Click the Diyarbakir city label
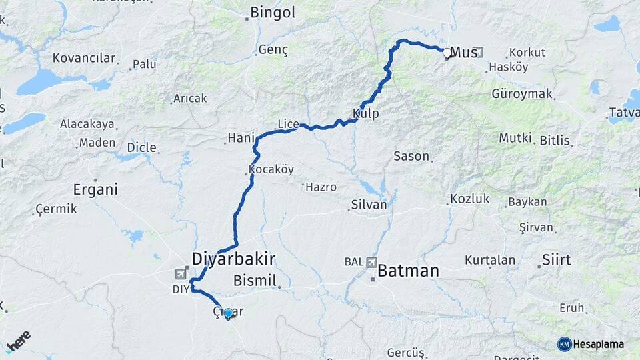point(233,259)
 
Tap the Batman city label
point(408,271)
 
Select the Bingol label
point(272,12)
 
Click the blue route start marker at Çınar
point(228,313)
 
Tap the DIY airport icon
point(181,273)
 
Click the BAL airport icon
point(371,262)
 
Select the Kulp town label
point(366,113)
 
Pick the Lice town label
point(287,123)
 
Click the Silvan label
point(368,205)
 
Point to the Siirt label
point(556,260)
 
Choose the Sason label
point(411,156)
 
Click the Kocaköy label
point(271,169)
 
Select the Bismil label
point(255,281)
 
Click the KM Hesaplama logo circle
point(565,344)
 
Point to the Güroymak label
point(522,94)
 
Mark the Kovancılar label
point(84,58)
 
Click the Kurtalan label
point(490,259)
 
